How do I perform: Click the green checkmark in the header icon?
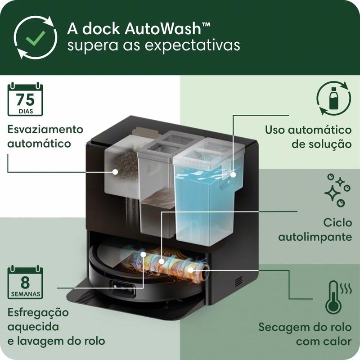(36, 37)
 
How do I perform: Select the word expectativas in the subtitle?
(193, 45)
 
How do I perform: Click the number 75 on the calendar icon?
(25, 99)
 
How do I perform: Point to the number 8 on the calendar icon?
(25, 283)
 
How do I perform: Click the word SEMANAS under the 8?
(25, 294)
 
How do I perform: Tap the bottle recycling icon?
(333, 98)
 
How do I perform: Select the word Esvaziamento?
(45, 129)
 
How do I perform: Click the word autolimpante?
(315, 237)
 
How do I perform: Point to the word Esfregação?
(38, 313)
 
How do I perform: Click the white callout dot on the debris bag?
(115, 172)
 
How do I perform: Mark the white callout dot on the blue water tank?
(233, 175)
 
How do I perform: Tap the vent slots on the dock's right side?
(238, 282)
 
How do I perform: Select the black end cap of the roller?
(205, 272)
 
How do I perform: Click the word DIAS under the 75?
(26, 111)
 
